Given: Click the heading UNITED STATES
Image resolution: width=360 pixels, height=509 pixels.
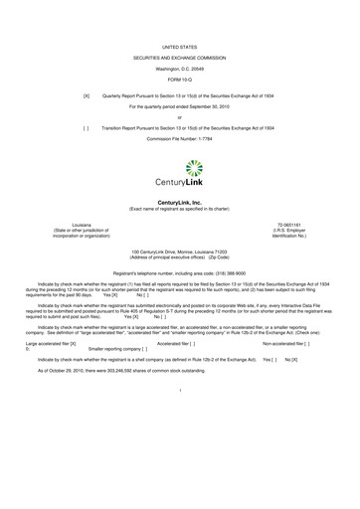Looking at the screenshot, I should [180, 47].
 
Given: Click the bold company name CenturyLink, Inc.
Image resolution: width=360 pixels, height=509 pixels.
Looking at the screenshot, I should [180, 201].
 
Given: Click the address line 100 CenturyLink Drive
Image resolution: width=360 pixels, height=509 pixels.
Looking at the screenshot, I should [180, 254].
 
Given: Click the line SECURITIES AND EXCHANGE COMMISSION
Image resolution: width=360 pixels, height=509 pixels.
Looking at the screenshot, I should [180, 58].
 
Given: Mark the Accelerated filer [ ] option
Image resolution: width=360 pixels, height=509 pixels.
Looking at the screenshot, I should [178, 342].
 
